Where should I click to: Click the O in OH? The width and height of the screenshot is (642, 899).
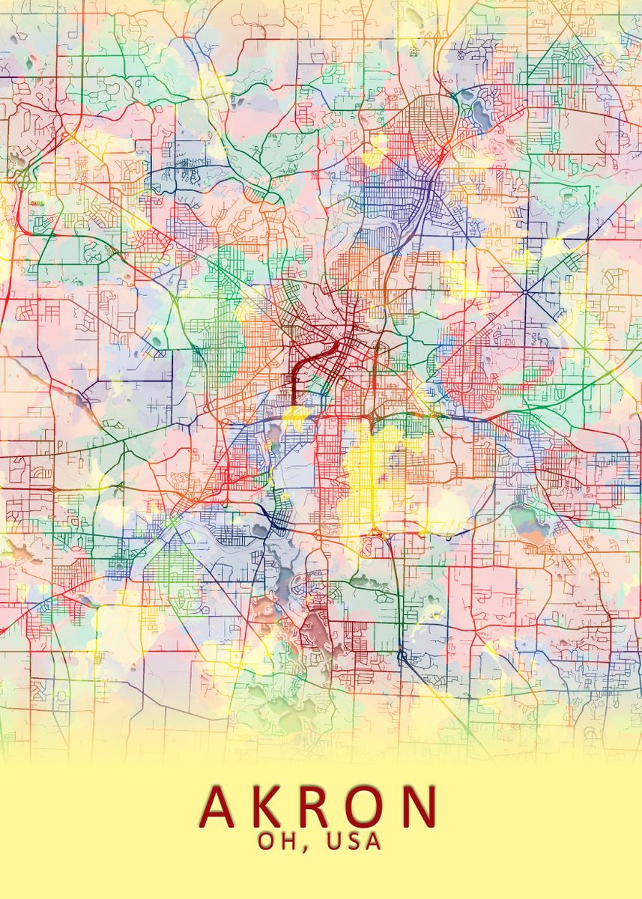click(267, 842)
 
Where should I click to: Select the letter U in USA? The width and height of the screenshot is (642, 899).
click(334, 842)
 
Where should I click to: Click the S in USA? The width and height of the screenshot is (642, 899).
click(354, 842)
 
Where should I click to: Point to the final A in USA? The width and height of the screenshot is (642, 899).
click(373, 842)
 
